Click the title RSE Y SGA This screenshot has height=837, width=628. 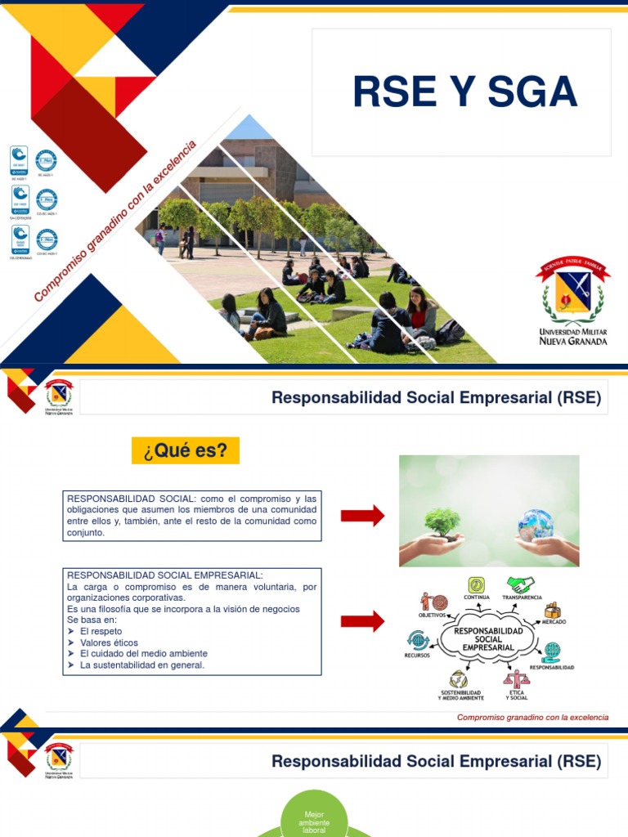click(464, 92)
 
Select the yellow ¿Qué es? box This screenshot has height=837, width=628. click(186, 450)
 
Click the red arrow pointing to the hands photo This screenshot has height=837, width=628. click(362, 516)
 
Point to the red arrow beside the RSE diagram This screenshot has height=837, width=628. click(362, 621)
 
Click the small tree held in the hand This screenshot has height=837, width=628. click(442, 524)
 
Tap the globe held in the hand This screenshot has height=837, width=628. click(536, 524)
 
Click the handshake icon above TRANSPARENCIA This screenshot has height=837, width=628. click(520, 584)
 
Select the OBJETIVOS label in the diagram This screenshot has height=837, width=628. click(433, 615)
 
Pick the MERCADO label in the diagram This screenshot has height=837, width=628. click(554, 622)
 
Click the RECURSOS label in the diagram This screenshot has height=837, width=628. click(417, 656)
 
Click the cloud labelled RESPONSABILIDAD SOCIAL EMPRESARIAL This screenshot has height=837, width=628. click(488, 639)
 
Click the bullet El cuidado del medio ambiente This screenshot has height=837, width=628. click(144, 654)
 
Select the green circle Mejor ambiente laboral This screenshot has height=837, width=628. click(314, 818)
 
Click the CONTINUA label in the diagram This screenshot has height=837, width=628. click(476, 598)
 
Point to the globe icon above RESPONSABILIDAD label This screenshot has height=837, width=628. click(552, 651)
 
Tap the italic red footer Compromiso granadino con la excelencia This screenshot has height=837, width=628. click(532, 717)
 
